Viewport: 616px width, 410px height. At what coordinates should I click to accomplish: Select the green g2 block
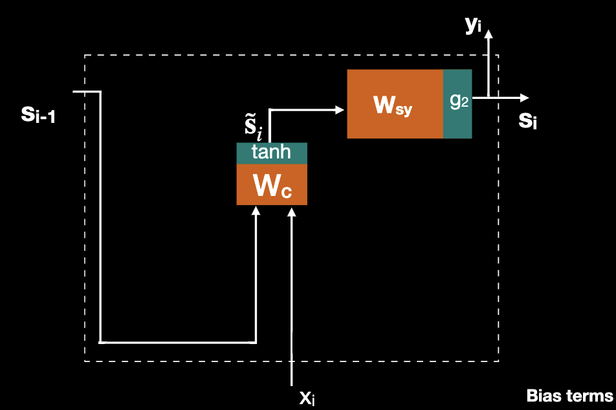pyautogui.click(x=457, y=103)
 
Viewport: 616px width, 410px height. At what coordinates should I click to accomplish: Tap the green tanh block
pyautogui.click(x=272, y=153)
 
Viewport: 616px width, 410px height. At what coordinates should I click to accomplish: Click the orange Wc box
pyautogui.click(x=272, y=185)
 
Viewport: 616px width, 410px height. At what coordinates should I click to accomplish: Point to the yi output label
pyautogui.click(x=473, y=24)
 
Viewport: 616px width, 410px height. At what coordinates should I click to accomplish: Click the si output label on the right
pyautogui.click(x=528, y=121)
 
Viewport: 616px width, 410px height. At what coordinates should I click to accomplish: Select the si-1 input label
pyautogui.click(x=38, y=115)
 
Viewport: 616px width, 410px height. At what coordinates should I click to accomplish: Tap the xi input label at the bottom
pyautogui.click(x=307, y=396)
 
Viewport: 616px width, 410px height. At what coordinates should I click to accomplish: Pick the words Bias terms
pyautogui.click(x=569, y=396)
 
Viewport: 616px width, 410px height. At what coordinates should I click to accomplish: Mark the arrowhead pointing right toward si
pyautogui.click(x=524, y=98)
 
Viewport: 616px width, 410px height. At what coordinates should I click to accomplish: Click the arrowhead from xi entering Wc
pyautogui.click(x=292, y=212)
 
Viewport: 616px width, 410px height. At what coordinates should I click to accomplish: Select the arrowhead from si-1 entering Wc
pyautogui.click(x=257, y=211)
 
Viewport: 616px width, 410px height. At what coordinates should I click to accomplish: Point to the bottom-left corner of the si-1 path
pyautogui.click(x=101, y=342)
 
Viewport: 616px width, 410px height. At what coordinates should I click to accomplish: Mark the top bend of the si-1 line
pyautogui.click(x=101, y=92)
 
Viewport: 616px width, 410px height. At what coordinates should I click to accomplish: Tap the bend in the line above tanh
pyautogui.click(x=269, y=109)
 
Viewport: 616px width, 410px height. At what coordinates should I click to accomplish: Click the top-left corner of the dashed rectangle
pyautogui.click(x=85, y=56)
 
